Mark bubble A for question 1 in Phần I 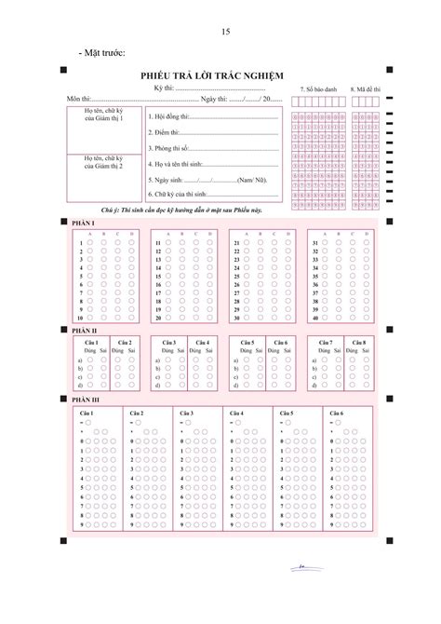point(90,242)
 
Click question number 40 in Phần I point(316,318)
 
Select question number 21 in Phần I point(238,242)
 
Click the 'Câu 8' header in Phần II point(357,343)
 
